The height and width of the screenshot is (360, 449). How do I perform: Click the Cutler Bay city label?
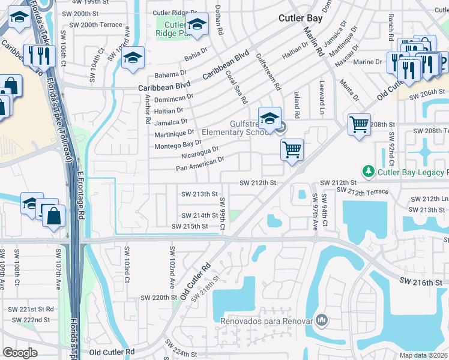tap(300, 18)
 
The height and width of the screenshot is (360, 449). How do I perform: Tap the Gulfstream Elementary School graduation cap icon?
tap(270, 116)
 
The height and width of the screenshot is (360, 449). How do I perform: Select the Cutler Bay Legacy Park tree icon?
tap(371, 172)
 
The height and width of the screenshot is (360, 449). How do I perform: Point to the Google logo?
tap(20, 353)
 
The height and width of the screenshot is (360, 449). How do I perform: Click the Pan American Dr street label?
tap(200, 163)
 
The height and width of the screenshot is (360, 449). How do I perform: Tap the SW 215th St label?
tap(189, 226)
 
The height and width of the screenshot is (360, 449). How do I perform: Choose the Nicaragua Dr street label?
tap(199, 152)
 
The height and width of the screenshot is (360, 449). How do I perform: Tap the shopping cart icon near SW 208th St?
tap(359, 125)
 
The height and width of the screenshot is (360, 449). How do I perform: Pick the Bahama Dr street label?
tap(170, 74)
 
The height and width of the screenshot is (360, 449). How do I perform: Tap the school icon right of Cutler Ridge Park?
tap(196, 25)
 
